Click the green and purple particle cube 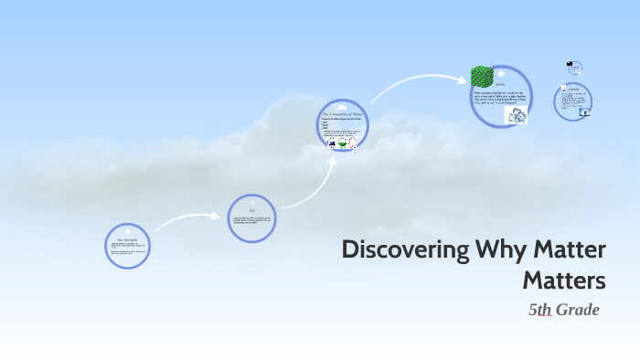(482, 77)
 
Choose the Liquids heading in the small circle (574, 88)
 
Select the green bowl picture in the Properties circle (341, 144)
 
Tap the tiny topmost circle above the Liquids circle (575, 67)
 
